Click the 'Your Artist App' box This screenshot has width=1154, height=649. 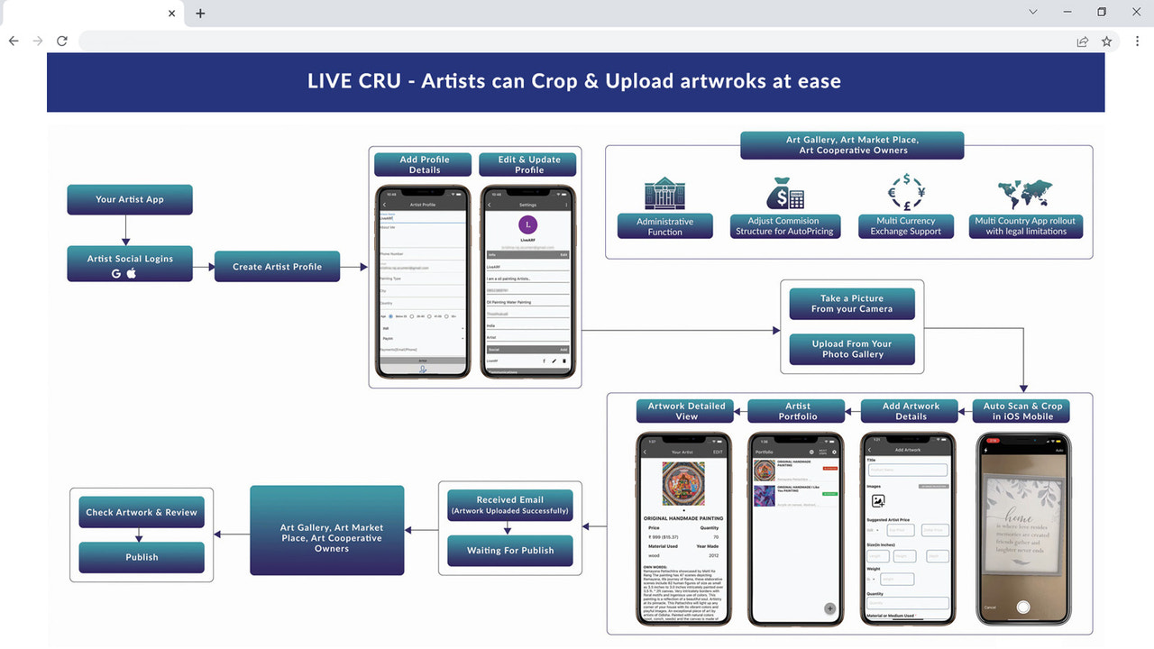click(129, 199)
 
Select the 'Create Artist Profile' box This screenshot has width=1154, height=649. click(277, 267)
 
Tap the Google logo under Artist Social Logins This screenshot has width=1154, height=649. click(116, 273)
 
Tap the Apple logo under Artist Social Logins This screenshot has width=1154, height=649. click(132, 273)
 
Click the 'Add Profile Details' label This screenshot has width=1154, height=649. click(425, 164)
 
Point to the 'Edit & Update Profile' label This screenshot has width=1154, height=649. click(529, 164)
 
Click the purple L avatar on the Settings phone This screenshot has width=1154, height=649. click(527, 224)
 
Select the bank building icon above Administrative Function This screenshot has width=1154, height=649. click(664, 194)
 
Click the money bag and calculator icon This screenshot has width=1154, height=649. click(784, 193)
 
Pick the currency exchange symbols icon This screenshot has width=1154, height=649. click(905, 192)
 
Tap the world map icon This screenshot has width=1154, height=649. click(1025, 193)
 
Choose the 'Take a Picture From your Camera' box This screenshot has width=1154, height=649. click(851, 304)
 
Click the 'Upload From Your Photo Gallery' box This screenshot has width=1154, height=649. click(851, 349)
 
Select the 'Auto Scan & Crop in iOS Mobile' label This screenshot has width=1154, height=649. click(1021, 411)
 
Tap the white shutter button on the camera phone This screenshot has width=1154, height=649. click(1023, 608)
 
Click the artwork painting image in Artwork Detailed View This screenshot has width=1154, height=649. click(682, 485)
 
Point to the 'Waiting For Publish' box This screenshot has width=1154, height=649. click(509, 551)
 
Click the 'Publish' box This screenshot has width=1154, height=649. click(142, 557)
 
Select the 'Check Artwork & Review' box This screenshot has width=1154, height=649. click(142, 512)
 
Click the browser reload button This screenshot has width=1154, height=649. click(62, 41)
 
